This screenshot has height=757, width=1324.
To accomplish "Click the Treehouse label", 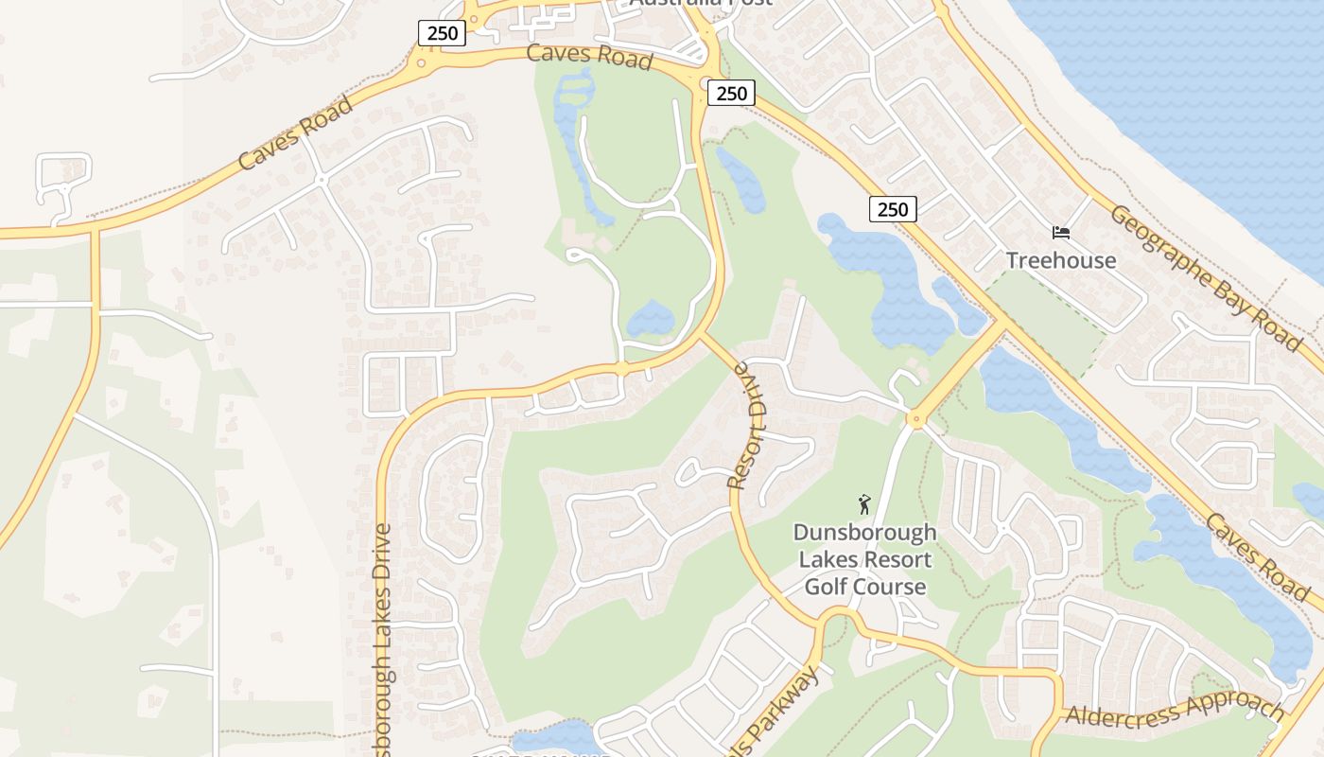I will [1061, 260].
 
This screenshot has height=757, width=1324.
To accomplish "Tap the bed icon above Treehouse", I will [1061, 233].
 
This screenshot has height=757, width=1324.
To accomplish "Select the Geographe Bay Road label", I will [1205, 278].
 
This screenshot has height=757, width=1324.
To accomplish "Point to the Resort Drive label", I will [751, 423].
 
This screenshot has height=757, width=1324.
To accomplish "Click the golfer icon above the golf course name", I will [863, 504].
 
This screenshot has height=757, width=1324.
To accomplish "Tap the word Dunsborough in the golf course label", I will [864, 532].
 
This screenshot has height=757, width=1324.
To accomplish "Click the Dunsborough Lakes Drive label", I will [382, 643].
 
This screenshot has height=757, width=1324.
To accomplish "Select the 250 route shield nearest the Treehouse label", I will [893, 209].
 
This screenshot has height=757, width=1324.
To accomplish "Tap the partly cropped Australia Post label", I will [700, 3].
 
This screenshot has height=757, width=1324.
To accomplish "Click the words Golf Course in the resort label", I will [864, 587].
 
